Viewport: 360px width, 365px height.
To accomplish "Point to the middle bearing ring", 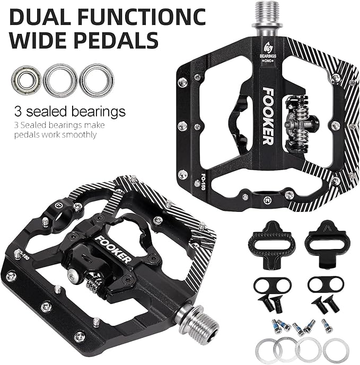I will pos(59,79).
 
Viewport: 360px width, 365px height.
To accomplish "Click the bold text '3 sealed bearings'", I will pos(69,112).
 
